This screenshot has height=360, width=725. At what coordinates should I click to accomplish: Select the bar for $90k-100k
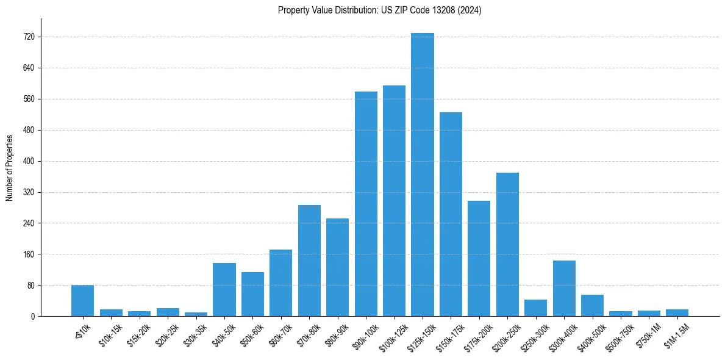click(366, 204)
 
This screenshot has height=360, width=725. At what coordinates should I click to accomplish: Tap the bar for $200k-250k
click(507, 244)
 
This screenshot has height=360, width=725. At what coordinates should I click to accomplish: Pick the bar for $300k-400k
click(564, 288)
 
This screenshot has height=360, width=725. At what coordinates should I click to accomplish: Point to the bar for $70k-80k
click(309, 261)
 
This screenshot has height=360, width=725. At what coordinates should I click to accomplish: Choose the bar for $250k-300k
click(535, 308)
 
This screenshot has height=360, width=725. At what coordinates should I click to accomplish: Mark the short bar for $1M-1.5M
click(677, 312)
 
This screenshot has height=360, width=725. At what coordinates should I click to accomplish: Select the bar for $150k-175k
click(451, 214)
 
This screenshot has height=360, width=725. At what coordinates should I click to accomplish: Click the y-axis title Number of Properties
click(9, 167)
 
